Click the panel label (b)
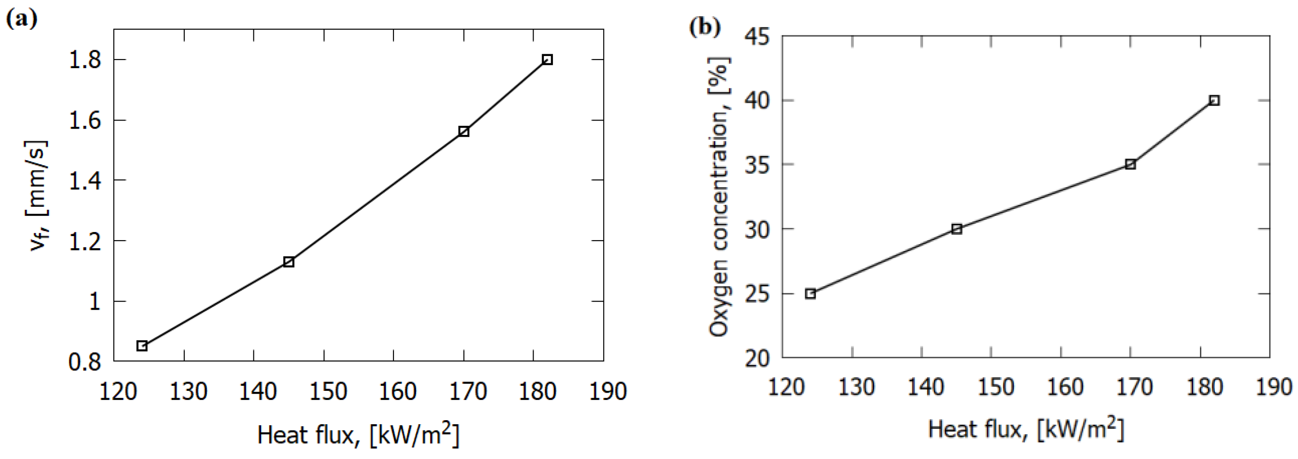coord(704,26)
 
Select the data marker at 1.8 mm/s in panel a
coord(547,60)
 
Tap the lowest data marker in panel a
coord(142,346)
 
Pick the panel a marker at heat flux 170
coord(464,131)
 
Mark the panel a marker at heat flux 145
coord(289,262)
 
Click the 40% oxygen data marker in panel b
coord(1214,100)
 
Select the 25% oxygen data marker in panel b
coord(810,294)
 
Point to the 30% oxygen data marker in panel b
coord(957,229)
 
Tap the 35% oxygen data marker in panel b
coord(1131,164)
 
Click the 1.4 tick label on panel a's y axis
coord(84,181)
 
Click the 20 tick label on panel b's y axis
coord(757,358)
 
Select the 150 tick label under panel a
coord(328,392)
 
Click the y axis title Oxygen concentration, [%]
coord(718,196)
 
